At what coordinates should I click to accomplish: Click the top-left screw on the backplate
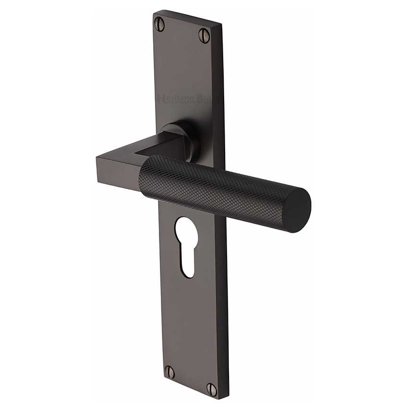pyautogui.click(x=159, y=24)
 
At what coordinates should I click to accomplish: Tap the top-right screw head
pyautogui.click(x=204, y=35)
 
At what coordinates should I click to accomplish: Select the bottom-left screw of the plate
pyautogui.click(x=169, y=371)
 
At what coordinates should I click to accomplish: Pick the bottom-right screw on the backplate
pyautogui.click(x=211, y=388)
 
